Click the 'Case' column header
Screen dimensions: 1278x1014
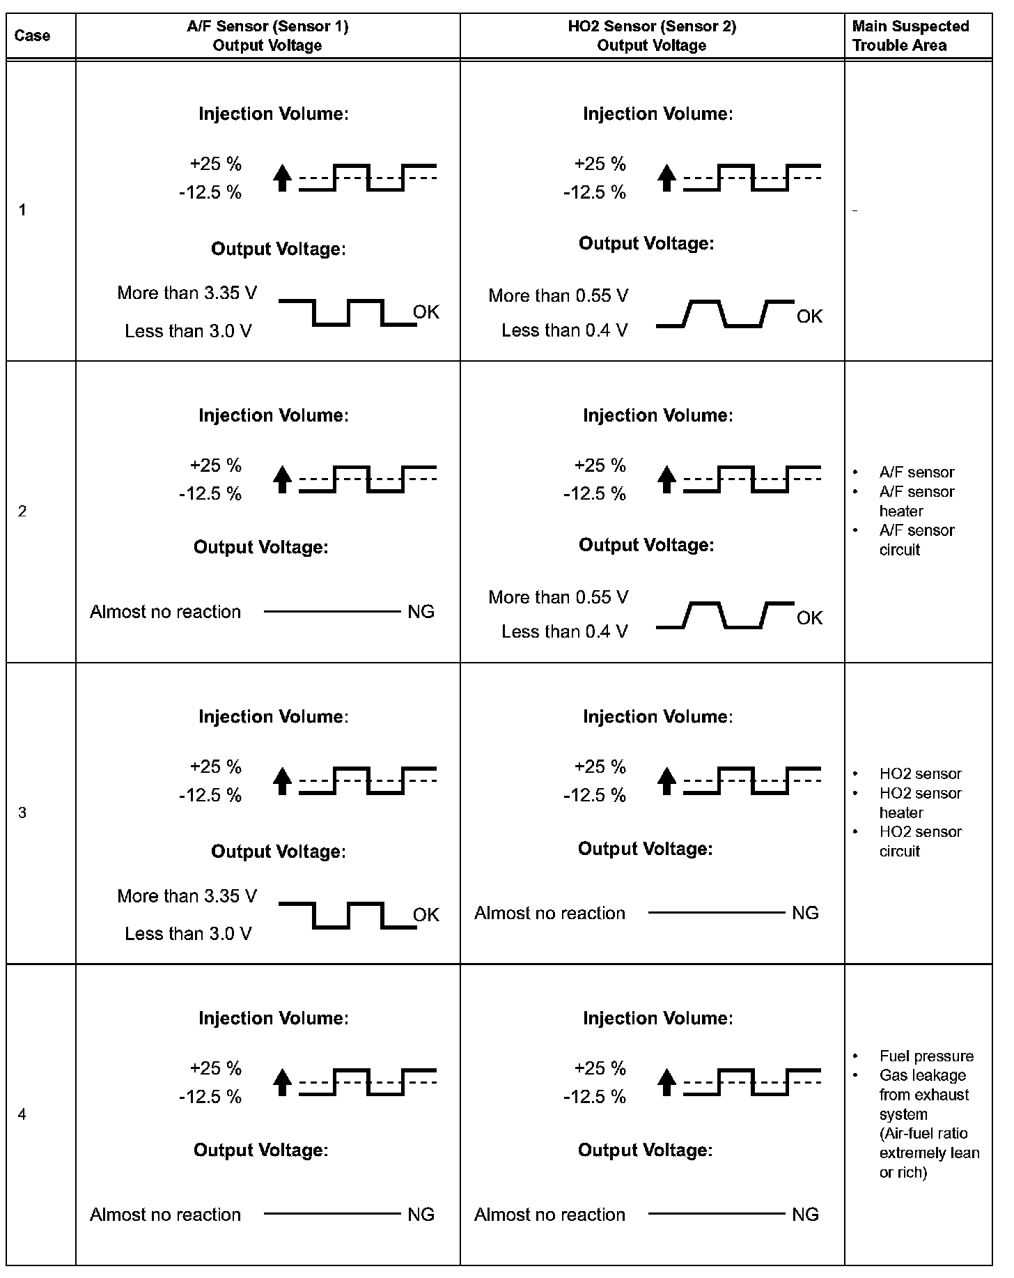[32, 36]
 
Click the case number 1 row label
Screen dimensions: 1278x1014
[22, 210]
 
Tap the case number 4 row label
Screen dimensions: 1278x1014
[22, 1114]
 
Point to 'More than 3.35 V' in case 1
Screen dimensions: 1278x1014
[187, 293]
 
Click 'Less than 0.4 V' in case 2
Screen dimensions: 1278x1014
[564, 631]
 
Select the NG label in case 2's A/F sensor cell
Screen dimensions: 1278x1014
[421, 612]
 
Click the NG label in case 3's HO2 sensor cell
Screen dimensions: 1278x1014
[805, 913]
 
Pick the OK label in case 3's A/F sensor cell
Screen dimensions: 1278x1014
[426, 914]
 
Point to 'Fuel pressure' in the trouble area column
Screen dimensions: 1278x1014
[926, 1056]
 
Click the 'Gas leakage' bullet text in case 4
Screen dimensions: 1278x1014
[922, 1075]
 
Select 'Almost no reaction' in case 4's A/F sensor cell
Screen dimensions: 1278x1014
[165, 1215]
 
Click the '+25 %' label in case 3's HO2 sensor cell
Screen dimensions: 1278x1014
[600, 767]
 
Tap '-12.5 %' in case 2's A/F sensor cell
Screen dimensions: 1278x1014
[210, 494]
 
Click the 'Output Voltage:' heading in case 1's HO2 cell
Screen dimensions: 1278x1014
[646, 243]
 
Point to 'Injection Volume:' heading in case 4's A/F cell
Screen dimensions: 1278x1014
[274, 1018]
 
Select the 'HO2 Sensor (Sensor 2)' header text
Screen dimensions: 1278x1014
[652, 26]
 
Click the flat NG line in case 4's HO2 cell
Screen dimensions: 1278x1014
[716, 1214]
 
